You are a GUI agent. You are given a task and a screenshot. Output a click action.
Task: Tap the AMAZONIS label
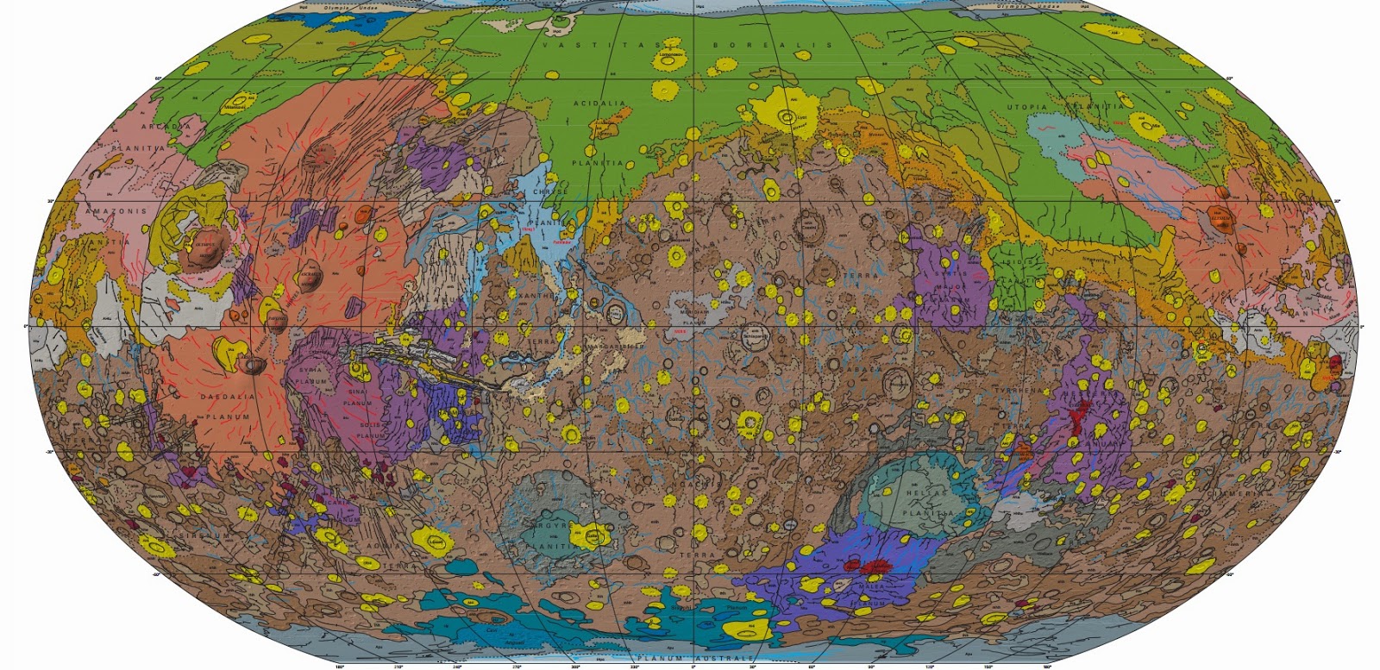pos(116,210)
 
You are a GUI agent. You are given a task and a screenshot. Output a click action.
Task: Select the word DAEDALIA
pos(227,397)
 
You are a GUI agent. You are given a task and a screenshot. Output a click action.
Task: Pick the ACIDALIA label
pos(599,103)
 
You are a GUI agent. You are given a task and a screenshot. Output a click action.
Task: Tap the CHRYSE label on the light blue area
pos(550,191)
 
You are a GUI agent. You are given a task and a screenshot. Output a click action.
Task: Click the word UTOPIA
pos(1026,108)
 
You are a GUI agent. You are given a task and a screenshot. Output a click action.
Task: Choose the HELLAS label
pos(927,493)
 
